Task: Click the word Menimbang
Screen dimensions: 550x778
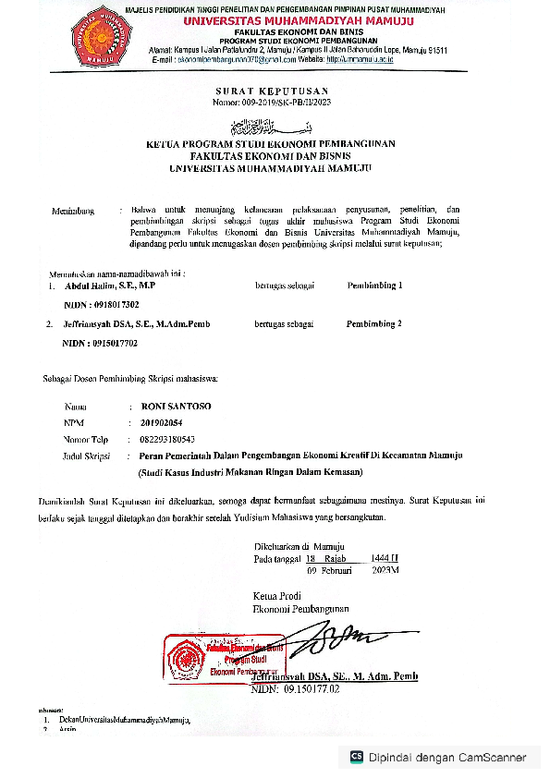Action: click(x=73, y=212)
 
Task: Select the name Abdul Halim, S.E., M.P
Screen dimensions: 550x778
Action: click(x=104, y=286)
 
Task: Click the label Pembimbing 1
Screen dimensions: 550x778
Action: click(x=374, y=286)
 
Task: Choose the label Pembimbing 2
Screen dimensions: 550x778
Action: click(x=374, y=324)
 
